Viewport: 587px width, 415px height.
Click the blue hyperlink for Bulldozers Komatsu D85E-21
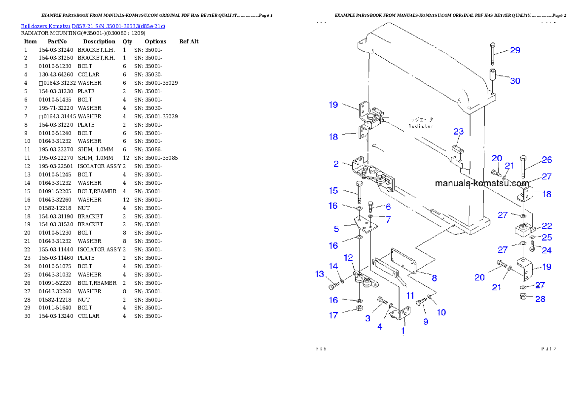[93, 26]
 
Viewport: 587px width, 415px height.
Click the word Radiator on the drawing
[421, 126]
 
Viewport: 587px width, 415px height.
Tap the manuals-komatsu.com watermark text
[481, 183]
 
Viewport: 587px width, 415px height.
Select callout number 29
[515, 50]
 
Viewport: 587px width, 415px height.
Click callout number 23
[459, 132]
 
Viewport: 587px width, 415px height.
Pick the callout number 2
[336, 164]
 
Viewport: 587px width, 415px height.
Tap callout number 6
[388, 207]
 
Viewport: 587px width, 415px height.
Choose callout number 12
[348, 257]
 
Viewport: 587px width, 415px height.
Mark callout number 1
[403, 331]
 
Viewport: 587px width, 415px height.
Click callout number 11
[410, 296]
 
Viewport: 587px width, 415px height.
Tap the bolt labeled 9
[422, 303]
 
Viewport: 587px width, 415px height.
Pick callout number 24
[547, 250]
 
